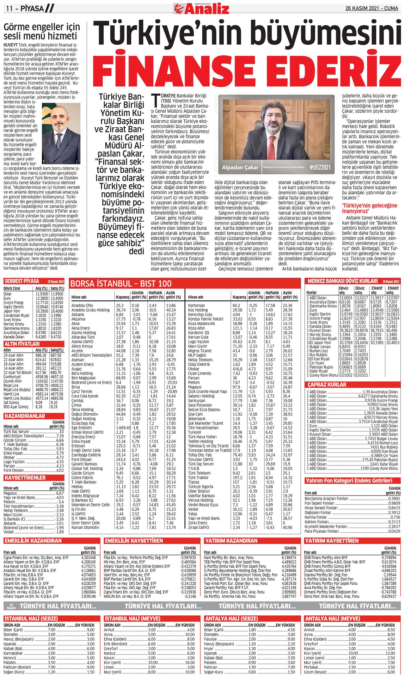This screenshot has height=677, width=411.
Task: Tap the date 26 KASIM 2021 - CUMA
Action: point(373,8)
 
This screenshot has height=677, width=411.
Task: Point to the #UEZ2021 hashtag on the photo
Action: point(320,167)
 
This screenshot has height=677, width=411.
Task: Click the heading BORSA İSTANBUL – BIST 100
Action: point(121,284)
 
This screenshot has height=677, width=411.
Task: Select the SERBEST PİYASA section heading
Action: point(22,281)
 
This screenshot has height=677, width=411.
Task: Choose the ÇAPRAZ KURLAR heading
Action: point(327,385)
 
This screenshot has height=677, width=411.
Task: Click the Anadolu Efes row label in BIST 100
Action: point(82,305)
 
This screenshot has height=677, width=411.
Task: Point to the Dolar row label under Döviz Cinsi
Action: point(8,294)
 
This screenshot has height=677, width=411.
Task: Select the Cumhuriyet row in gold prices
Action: point(12,377)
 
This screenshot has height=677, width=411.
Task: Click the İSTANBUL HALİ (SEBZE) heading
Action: point(31,619)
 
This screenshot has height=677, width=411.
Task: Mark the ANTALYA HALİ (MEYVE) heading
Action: point(332,619)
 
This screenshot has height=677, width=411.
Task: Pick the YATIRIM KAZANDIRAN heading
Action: point(231,541)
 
